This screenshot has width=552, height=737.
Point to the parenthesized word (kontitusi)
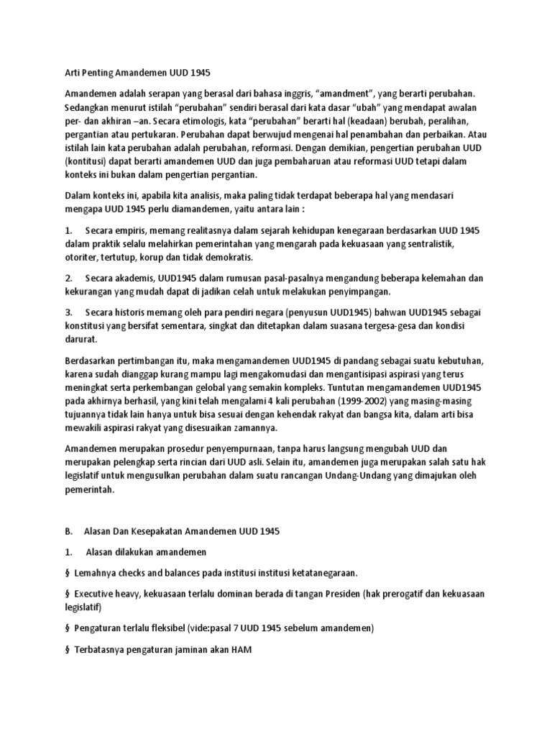pyautogui.click(x=88, y=160)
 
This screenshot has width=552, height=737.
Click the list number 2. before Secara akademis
pyautogui.click(x=68, y=277)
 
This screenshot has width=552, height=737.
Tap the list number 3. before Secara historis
pyautogui.click(x=68, y=312)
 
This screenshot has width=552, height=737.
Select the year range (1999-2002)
pyautogui.click(x=384, y=402)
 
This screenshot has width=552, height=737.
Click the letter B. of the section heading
pyautogui.click(x=68, y=531)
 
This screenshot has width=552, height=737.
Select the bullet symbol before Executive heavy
pyautogui.click(x=68, y=593)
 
